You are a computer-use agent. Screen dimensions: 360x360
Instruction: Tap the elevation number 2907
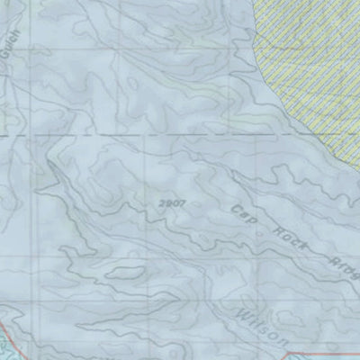pyautogui.click(x=171, y=204)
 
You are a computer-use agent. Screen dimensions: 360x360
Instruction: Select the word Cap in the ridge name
pyautogui.click(x=241, y=213)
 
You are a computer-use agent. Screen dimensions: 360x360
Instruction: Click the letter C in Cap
pyautogui.click(x=235, y=209)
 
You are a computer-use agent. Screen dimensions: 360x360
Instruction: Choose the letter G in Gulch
pyautogui.click(x=13, y=53)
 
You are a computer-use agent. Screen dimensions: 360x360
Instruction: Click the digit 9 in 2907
pyautogui.click(x=166, y=204)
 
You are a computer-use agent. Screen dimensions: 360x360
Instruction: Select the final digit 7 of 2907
pyautogui.click(x=182, y=204)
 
